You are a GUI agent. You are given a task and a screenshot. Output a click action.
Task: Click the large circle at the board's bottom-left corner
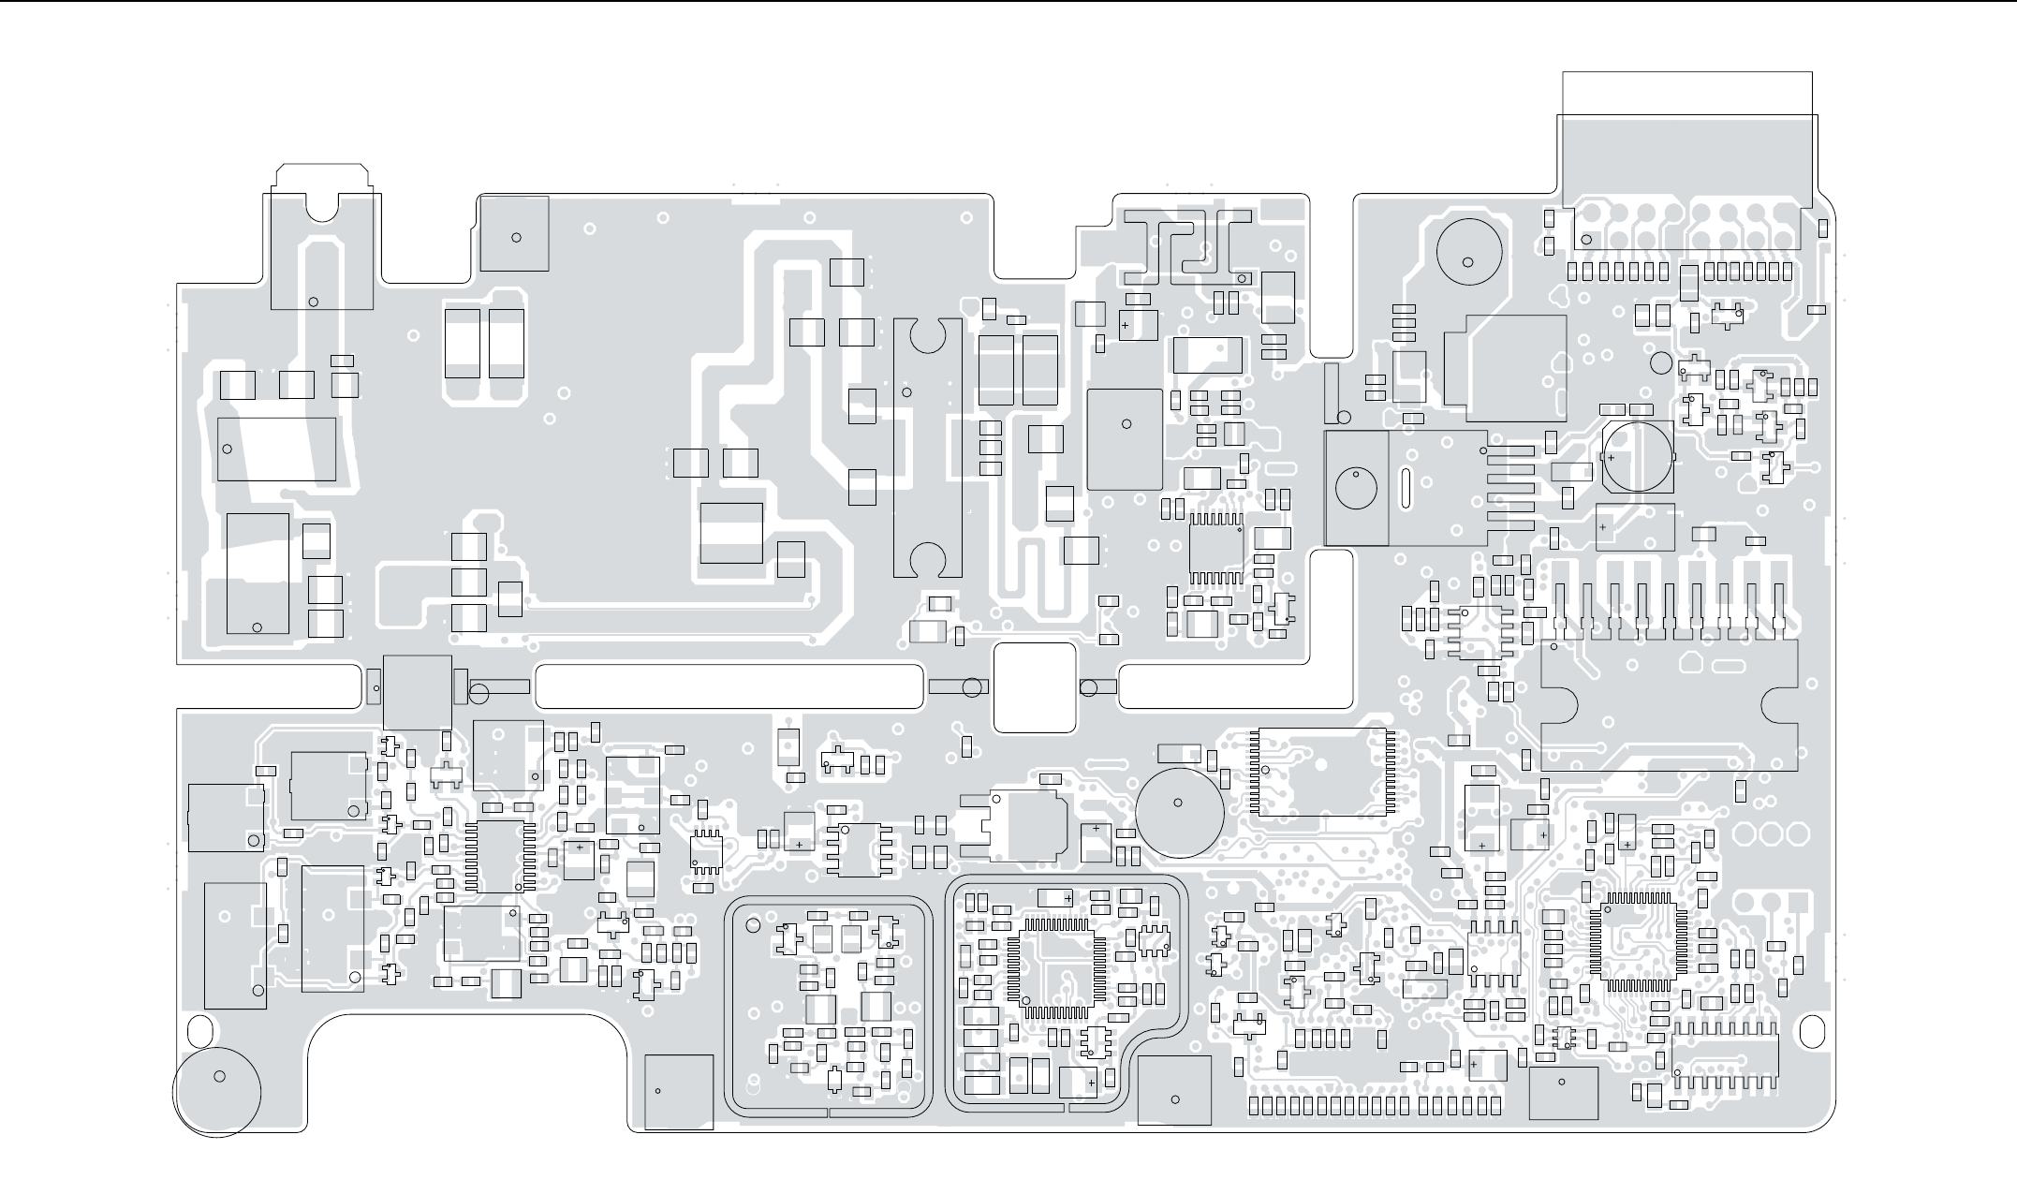(x=217, y=1092)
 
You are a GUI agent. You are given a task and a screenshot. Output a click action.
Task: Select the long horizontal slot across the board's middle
(x=729, y=685)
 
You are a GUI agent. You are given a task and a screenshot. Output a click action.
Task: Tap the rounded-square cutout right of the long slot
(x=1034, y=687)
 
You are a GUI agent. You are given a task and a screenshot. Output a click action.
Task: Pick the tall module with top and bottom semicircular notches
(x=927, y=448)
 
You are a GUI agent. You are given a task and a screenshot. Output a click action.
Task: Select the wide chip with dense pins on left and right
(x=1322, y=772)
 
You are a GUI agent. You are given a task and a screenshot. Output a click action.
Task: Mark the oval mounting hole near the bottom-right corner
(x=1813, y=1031)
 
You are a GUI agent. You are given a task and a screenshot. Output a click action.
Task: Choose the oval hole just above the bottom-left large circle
(x=199, y=1030)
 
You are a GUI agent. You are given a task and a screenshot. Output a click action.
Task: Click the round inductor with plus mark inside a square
(x=1637, y=456)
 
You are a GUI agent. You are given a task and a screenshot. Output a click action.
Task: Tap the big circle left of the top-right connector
(x=1468, y=253)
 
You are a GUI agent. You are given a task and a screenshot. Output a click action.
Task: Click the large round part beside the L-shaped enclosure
(x=1179, y=812)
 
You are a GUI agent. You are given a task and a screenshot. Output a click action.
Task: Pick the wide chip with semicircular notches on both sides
(x=1670, y=705)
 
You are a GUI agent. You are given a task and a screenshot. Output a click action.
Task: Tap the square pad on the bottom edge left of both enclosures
(x=679, y=1091)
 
